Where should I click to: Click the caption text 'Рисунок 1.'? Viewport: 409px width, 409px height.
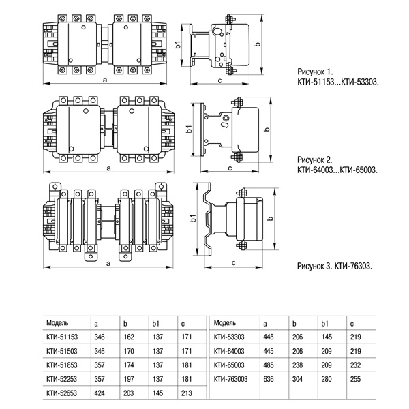point(317,71)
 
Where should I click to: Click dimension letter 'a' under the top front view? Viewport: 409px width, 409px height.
point(104,80)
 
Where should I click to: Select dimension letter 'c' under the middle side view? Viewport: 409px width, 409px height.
point(229,167)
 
